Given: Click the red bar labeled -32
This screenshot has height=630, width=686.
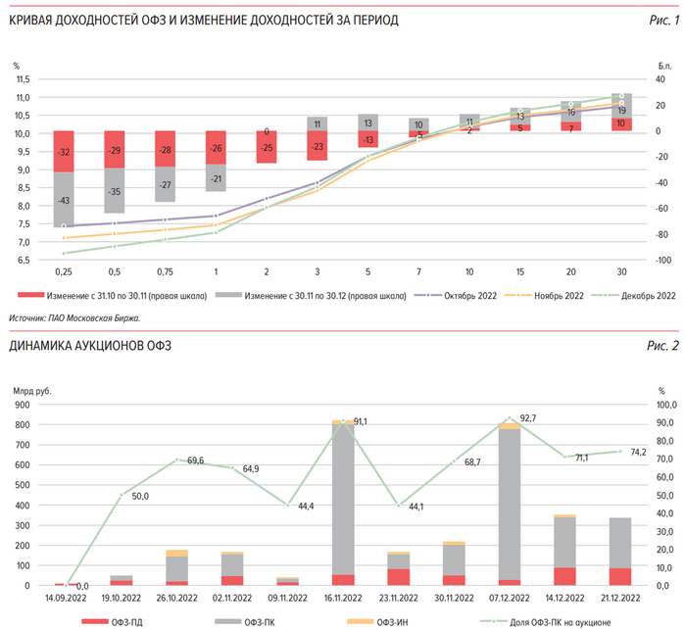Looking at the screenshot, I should [x=64, y=152].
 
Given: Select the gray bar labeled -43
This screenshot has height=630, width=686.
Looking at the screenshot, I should [x=64, y=200].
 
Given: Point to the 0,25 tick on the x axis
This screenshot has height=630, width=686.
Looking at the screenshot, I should [x=64, y=270].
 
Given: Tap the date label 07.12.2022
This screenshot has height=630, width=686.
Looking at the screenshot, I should [x=511, y=596].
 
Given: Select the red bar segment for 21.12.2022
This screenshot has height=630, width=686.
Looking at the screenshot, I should [x=620, y=576].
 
